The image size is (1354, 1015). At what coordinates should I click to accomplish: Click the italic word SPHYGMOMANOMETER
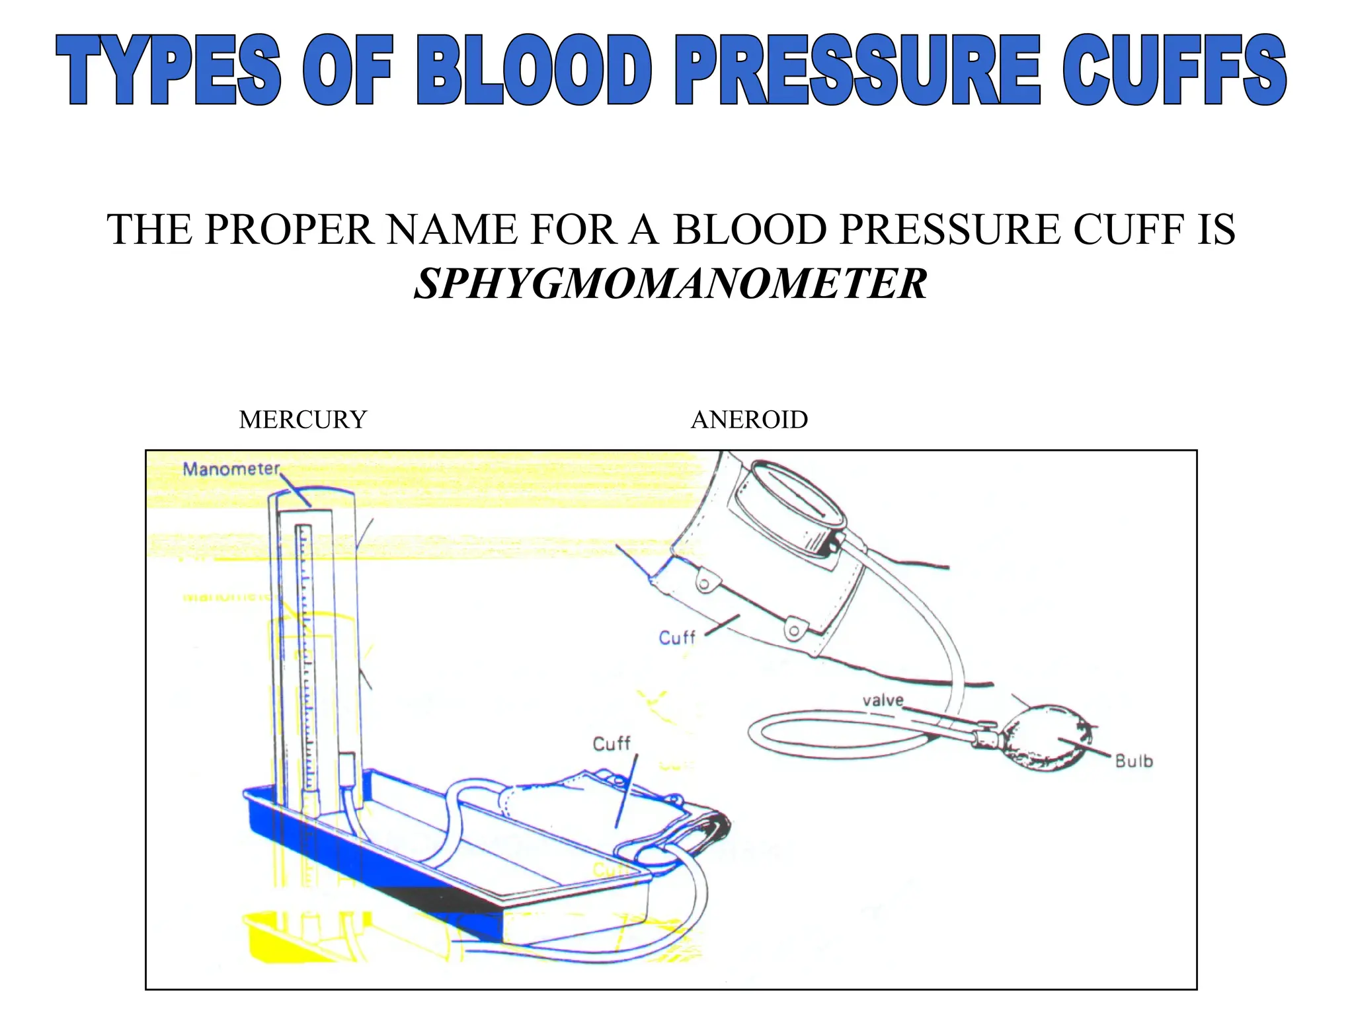tap(670, 284)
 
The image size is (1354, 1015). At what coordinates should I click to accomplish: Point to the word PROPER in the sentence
tap(289, 230)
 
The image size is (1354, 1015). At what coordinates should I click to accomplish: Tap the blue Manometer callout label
tap(231, 469)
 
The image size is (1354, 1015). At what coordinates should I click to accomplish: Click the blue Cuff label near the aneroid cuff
tap(677, 638)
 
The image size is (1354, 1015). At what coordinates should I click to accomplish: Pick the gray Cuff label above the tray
tap(612, 744)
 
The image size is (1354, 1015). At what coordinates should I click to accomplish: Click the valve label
tap(883, 700)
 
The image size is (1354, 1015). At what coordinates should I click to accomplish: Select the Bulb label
tap(1134, 761)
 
